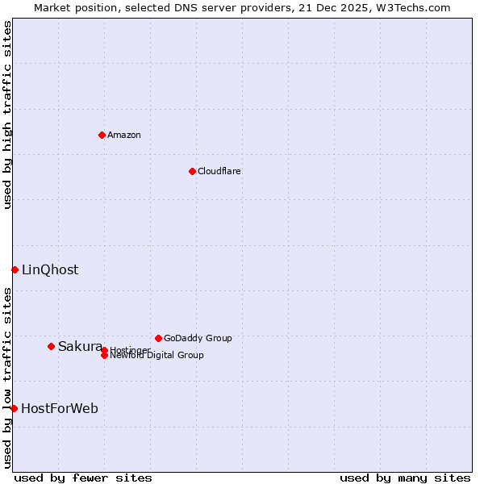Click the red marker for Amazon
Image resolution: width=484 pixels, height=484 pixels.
tap(102, 135)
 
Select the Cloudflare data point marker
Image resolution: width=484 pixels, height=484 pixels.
tap(192, 171)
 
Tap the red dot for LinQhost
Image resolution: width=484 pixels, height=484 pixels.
tap(15, 269)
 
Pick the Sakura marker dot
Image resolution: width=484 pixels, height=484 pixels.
tap(51, 346)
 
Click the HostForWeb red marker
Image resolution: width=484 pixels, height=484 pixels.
tap(14, 408)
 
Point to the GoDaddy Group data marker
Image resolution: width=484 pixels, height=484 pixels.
tap(158, 338)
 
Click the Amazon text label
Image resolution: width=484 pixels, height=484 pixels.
tap(124, 135)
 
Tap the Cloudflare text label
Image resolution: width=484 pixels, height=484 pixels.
tap(219, 171)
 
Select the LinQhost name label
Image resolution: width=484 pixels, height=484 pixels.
tap(50, 269)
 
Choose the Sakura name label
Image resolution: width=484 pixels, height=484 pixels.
tap(80, 346)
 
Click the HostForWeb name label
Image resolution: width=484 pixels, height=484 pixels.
tap(60, 408)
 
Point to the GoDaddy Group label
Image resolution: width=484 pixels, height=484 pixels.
tap(198, 338)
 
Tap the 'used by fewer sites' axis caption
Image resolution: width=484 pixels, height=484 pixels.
tap(83, 478)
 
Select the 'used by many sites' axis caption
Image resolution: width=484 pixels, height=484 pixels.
tap(405, 478)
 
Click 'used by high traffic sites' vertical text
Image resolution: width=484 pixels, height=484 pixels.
tap(7, 115)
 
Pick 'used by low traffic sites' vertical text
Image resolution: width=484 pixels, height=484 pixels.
tap(7, 378)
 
